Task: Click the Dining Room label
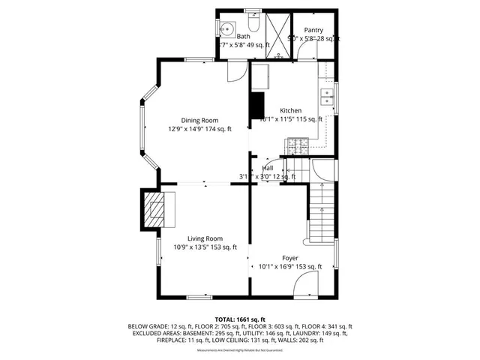coord(199,120)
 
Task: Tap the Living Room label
coord(205,238)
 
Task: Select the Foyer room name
coord(289,258)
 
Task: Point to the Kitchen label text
coord(291,110)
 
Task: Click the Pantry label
coord(313,30)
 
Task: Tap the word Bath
coord(244,36)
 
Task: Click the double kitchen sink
coord(326,95)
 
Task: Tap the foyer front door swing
coord(306,285)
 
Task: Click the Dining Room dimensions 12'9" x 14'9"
coord(199,129)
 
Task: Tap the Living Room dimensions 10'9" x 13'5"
coord(205,247)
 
